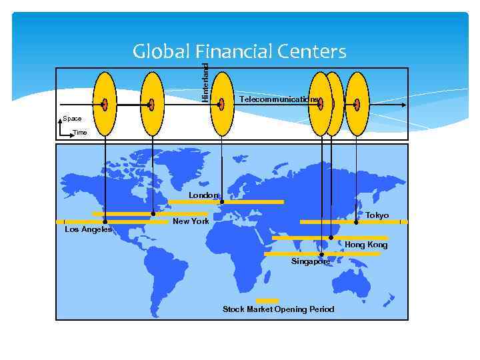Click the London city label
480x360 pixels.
coord(203,195)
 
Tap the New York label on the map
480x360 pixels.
coord(191,221)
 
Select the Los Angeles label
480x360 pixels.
coord(88,229)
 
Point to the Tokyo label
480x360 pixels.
coord(377,215)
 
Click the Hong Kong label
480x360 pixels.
coord(365,245)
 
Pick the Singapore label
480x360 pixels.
coord(310,261)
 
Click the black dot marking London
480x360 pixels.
coord(222,201)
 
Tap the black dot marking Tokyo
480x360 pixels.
coord(356,222)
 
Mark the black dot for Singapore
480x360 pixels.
coord(321,254)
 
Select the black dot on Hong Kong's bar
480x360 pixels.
coord(331,237)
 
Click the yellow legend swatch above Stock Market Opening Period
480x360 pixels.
coord(267,301)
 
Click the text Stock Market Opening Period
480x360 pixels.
coord(278,309)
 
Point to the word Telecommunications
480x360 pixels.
coord(279,99)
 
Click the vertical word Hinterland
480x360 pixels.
coord(205,81)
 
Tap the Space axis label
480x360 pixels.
coord(72,119)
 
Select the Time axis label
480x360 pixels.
coord(79,133)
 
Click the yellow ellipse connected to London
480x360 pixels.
coord(222,104)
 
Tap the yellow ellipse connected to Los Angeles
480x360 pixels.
coord(105,104)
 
